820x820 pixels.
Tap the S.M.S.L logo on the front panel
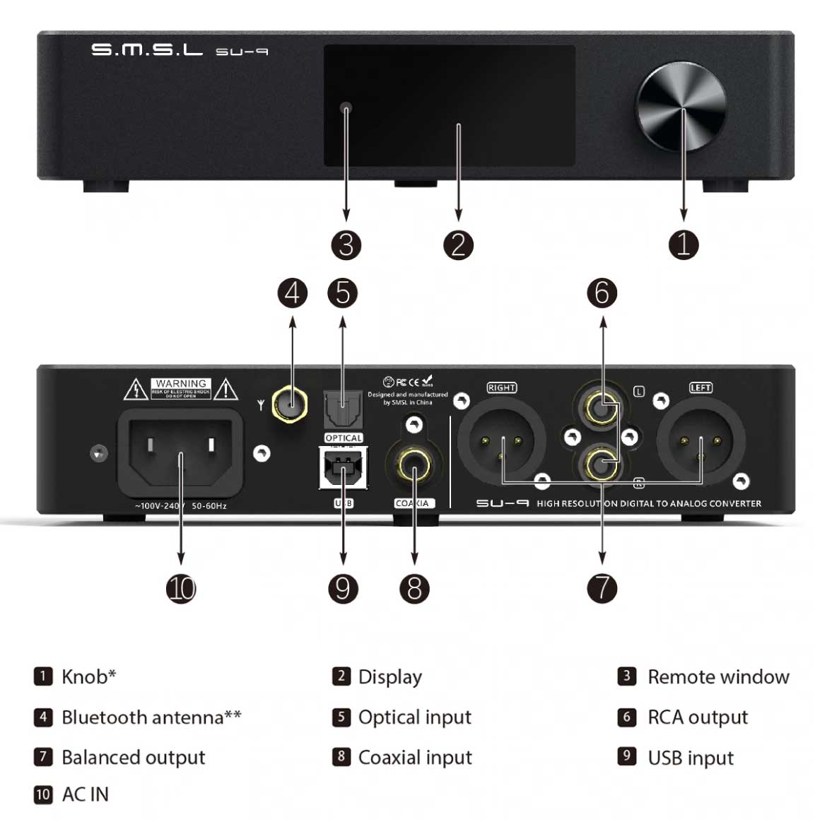click(x=147, y=49)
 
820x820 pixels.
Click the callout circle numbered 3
click(x=346, y=245)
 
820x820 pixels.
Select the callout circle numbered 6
click(x=602, y=293)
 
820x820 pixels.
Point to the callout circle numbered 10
click(x=181, y=588)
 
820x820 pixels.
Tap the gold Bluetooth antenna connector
click(x=291, y=404)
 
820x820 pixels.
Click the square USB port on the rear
click(x=344, y=467)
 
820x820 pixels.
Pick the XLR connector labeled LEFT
click(x=701, y=443)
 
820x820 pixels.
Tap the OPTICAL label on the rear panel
click(x=344, y=438)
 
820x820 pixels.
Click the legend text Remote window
click(x=718, y=677)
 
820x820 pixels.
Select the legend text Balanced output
click(x=134, y=757)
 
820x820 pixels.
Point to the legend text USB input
click(x=691, y=758)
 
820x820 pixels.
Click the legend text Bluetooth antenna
click(x=143, y=717)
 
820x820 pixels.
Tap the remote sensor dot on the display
click(x=346, y=109)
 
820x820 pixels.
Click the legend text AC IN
click(x=86, y=795)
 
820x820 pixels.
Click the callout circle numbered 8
click(x=414, y=588)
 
